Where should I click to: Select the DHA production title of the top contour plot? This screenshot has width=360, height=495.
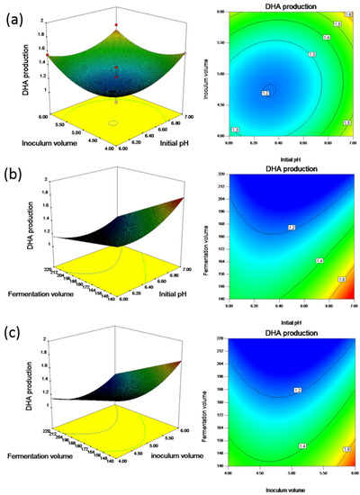288,6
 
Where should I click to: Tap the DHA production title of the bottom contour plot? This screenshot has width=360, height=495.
288,334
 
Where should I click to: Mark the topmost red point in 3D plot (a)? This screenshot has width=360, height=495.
114,27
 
